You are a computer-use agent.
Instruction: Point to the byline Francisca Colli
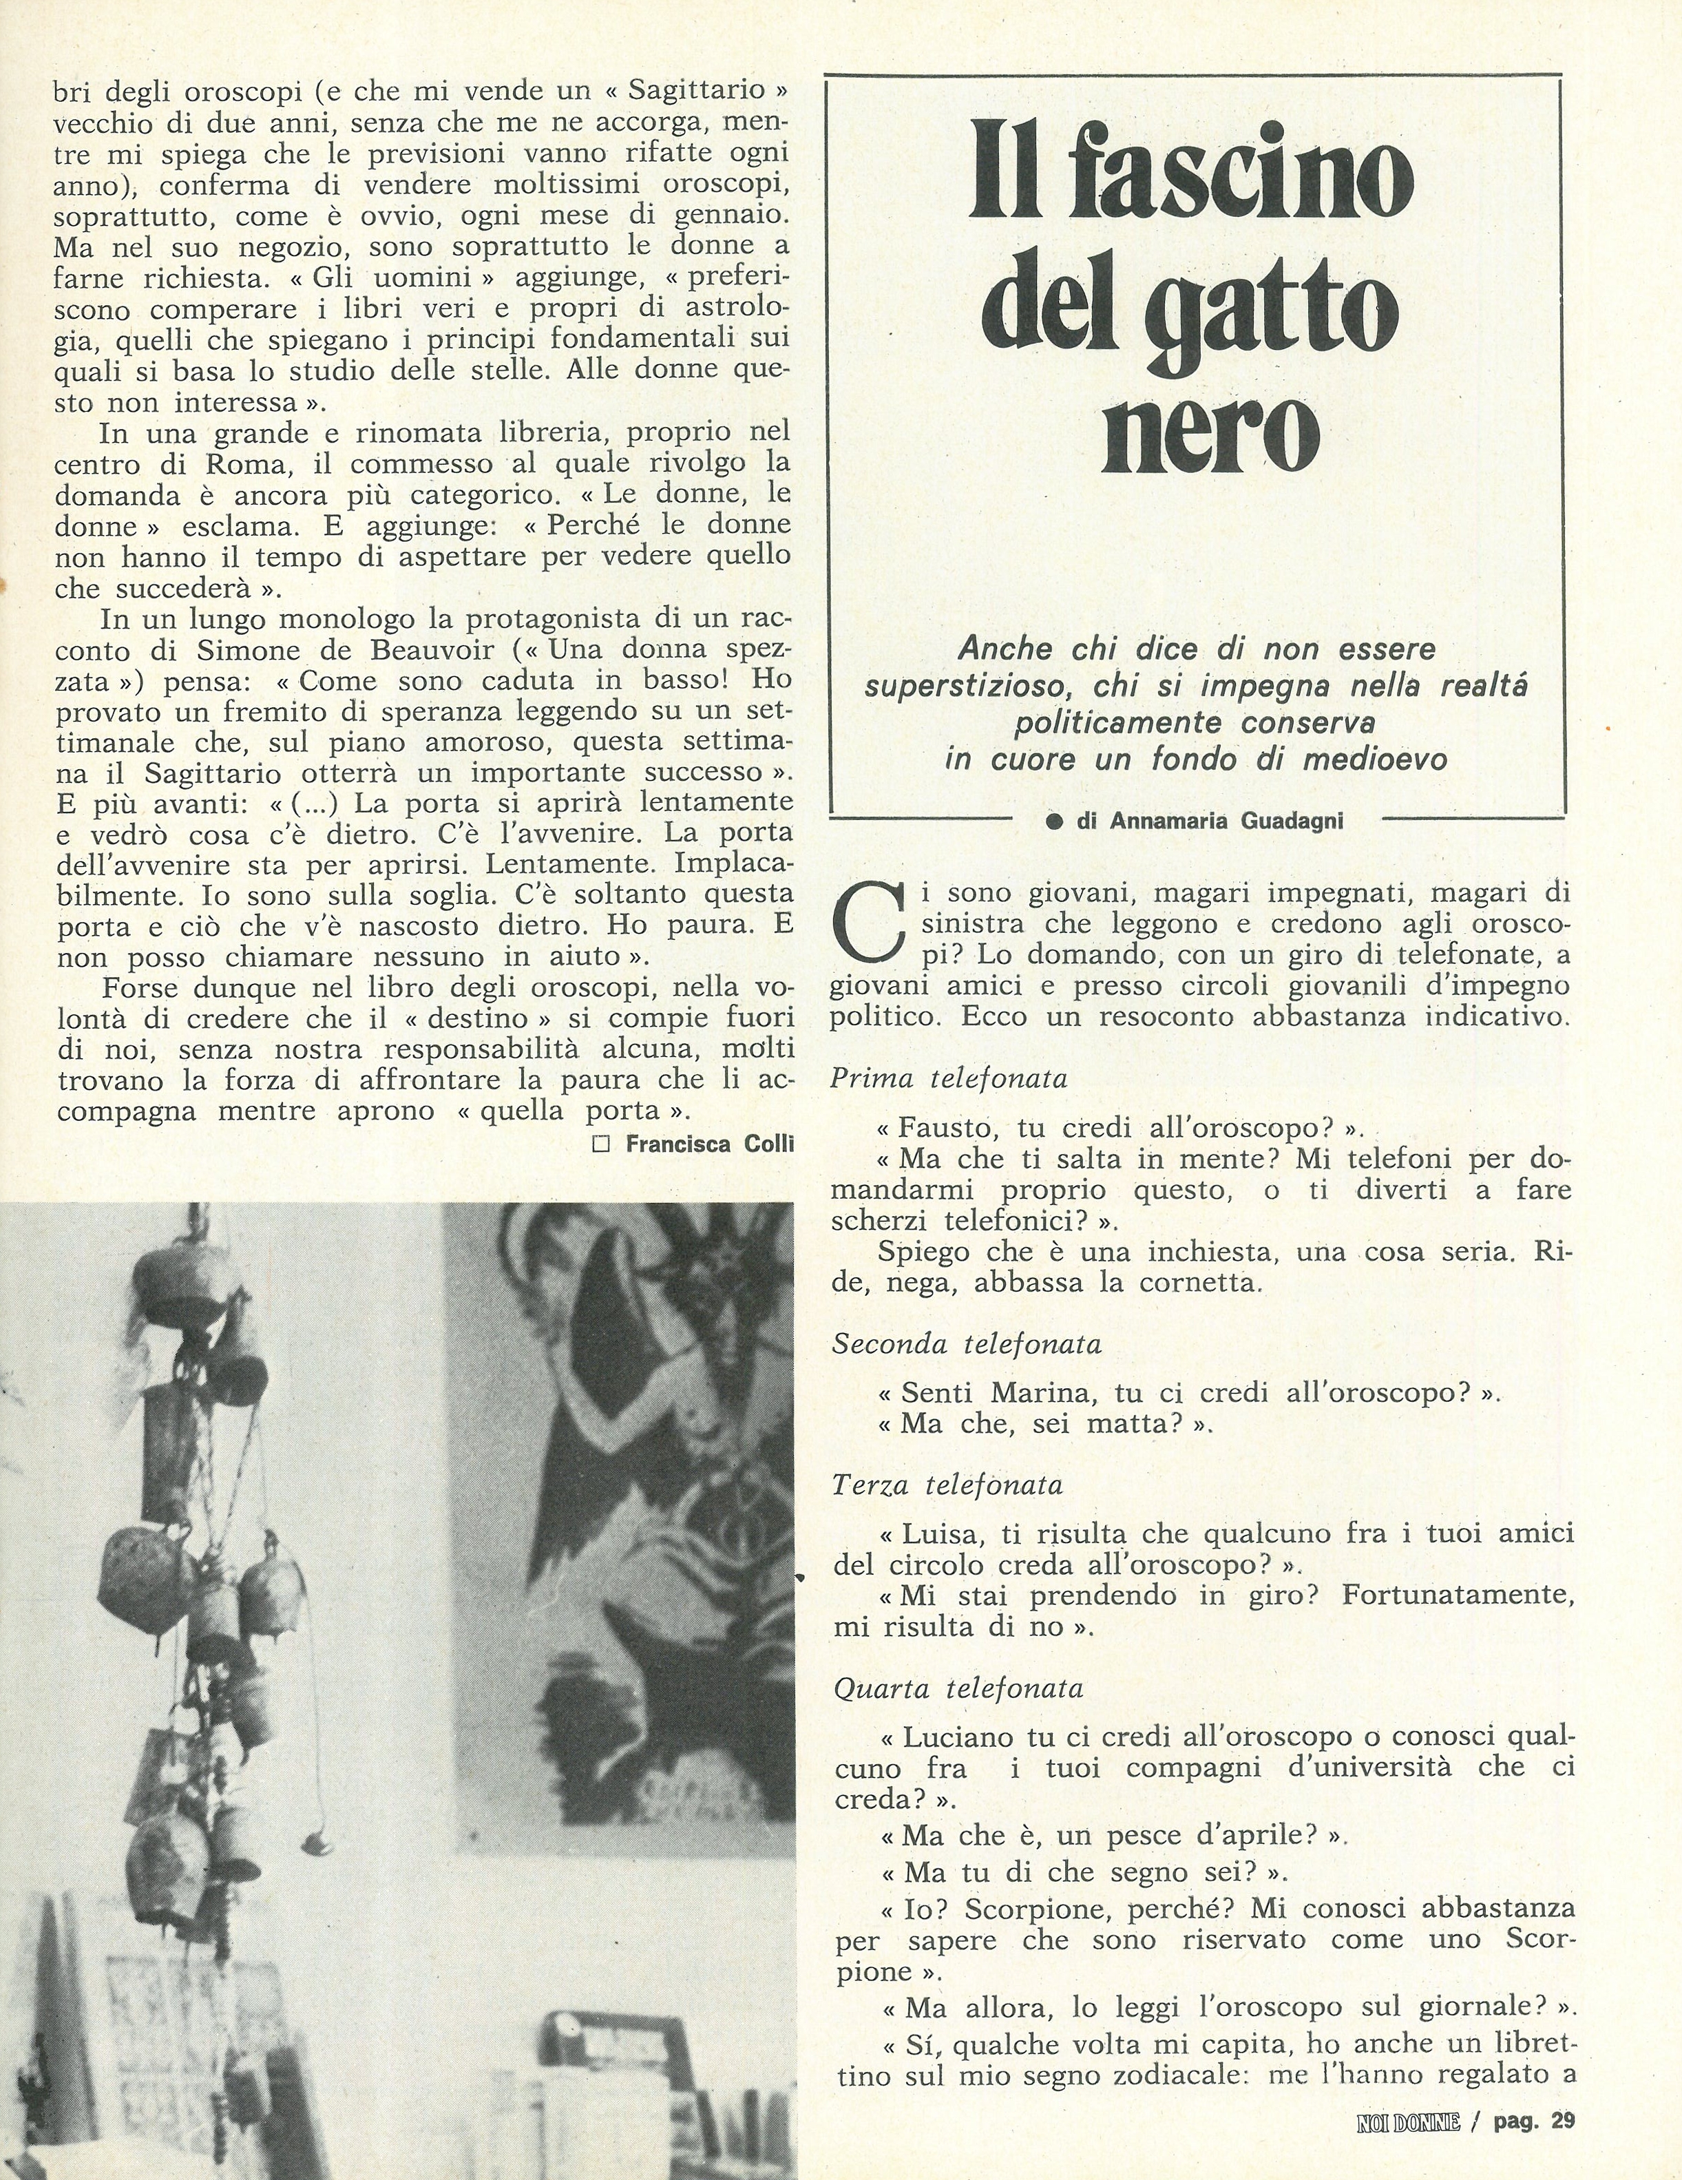tap(710, 1144)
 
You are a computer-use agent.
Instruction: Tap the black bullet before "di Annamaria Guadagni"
tap(1052, 821)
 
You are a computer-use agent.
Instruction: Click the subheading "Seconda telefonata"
tap(966, 1345)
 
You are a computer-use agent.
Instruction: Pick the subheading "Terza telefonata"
tap(947, 1485)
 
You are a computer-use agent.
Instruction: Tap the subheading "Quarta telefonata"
tap(958, 1689)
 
